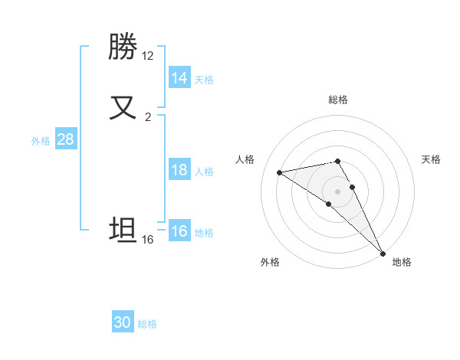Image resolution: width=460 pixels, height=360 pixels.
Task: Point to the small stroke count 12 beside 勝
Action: [x=148, y=56]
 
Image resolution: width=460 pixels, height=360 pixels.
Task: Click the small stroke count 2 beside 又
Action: [x=148, y=117]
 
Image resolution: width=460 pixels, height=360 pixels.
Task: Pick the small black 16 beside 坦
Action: [x=148, y=240]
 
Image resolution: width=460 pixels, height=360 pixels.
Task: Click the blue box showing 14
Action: [x=179, y=77]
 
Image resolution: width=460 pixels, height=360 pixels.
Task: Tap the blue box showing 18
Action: [x=179, y=170]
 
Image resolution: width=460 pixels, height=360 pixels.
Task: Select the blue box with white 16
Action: [x=179, y=231]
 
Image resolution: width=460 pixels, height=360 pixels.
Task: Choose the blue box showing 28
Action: [x=65, y=139]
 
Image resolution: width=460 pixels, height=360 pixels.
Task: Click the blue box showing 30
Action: [x=123, y=322]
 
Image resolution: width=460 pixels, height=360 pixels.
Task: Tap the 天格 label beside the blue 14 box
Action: [x=204, y=79]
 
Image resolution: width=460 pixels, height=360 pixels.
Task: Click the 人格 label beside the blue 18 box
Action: [x=204, y=172]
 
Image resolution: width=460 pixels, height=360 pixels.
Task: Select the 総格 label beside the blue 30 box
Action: [x=148, y=324]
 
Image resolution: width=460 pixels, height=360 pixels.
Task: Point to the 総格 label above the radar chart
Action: [x=338, y=100]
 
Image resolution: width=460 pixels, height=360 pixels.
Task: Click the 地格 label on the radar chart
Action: [x=402, y=263]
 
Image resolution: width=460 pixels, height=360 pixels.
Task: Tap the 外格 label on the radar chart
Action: [x=270, y=263]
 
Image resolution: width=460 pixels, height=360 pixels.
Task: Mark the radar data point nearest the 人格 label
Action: [x=280, y=172]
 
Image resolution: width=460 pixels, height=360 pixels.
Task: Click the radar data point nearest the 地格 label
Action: [x=383, y=253]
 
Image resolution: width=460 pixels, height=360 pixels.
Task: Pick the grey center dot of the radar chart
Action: [x=337, y=191]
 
